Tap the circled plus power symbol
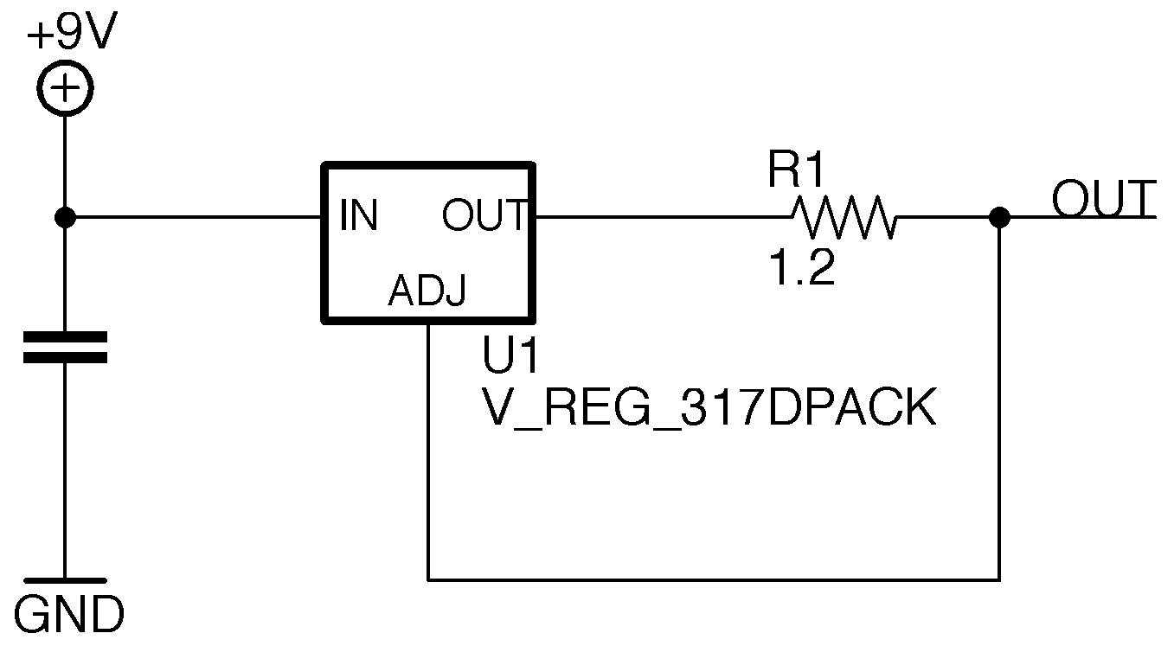[66, 89]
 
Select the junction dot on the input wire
[66, 217]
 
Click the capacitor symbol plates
[66, 347]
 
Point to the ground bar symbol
[66, 580]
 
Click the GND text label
[69, 616]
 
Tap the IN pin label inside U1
[359, 215]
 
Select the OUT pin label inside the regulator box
[484, 215]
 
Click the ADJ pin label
[427, 292]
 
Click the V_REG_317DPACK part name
[709, 407]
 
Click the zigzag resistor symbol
[844, 217]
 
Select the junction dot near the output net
[999, 217]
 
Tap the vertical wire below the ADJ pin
[428, 450]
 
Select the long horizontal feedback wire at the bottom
[714, 579]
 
